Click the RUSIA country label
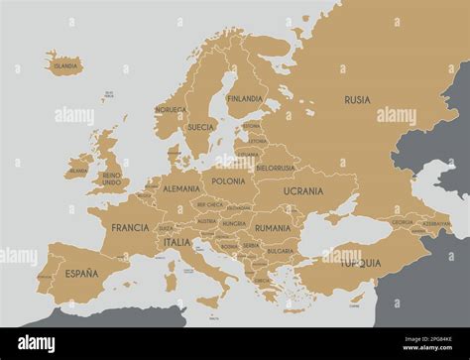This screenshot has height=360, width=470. tap(357, 100)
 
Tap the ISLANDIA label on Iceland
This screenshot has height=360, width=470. tap(65, 66)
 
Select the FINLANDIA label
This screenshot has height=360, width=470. tap(245, 99)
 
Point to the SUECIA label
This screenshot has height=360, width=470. tap(201, 127)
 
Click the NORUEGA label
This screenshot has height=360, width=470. tap(171, 110)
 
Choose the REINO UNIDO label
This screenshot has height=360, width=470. tap(112, 180)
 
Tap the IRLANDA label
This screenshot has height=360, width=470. tap(78, 172)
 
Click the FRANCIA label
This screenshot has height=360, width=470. tap(130, 227)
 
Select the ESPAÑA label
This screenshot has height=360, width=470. tap(81, 273)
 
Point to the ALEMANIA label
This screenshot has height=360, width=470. tap(181, 188)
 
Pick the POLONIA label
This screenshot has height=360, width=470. tap(228, 182)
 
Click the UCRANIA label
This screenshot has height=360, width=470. tap(302, 190)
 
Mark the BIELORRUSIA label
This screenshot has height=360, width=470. tap(275, 169)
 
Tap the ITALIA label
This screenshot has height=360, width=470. tap(177, 242)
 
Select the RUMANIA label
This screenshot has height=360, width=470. tap(272, 228)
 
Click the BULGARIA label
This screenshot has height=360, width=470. tap(281, 251)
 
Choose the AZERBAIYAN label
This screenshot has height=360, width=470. tap(435, 224)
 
